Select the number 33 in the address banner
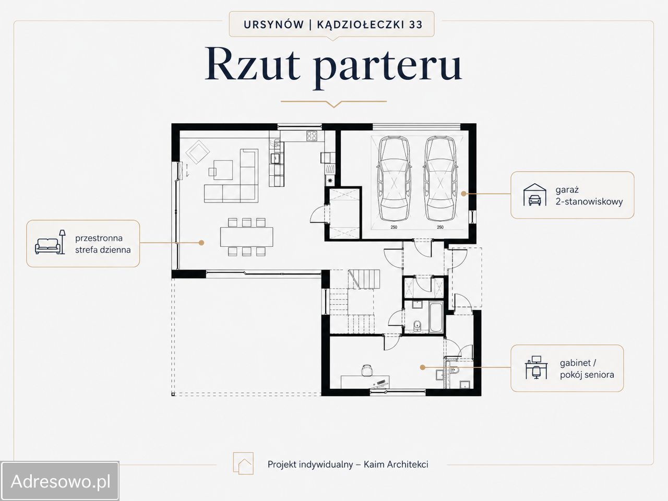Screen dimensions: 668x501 tap(416, 25)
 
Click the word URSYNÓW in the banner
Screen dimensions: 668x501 tap(273, 25)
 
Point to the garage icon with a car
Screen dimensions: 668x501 tap(534, 195)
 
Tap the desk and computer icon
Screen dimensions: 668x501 tap(536, 367)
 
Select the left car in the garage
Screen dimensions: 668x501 tap(394, 178)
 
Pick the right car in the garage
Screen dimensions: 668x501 tap(440, 178)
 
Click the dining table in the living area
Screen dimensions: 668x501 tap(246, 236)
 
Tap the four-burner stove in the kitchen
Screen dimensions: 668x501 tap(312, 136)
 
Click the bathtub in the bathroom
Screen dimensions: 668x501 tap(436, 317)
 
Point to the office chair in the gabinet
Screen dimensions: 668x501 tap(367, 370)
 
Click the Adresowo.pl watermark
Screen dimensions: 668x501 tap(60, 482)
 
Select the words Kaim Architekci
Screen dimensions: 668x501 tap(396, 464)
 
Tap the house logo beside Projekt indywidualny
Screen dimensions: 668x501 tap(243, 463)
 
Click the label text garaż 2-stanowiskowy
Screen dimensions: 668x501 tap(589, 196)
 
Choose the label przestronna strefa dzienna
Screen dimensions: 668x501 tap(103, 244)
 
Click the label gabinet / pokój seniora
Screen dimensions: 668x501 tap(587, 368)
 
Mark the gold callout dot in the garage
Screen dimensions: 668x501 tap(463, 194)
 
